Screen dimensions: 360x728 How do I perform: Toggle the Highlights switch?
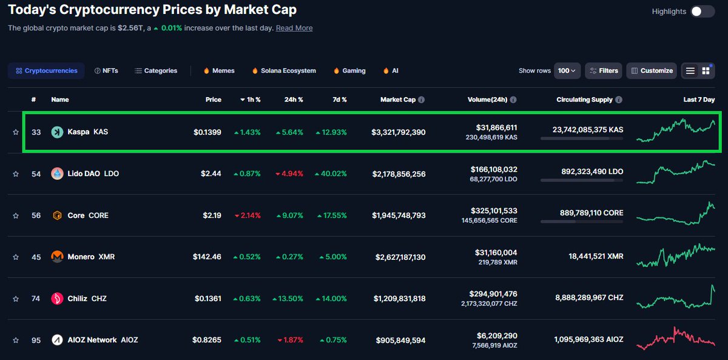(x=703, y=12)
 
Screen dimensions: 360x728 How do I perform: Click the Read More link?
(x=294, y=28)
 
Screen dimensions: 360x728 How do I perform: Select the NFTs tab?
(x=106, y=71)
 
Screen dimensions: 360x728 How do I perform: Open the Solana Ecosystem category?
(x=283, y=71)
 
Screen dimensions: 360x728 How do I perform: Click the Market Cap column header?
(x=397, y=100)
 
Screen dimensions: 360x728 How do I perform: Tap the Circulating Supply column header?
(x=584, y=100)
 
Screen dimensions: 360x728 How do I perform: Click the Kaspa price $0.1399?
(x=207, y=132)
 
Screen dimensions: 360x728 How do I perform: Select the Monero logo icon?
(x=58, y=257)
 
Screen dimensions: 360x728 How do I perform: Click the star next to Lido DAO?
(x=16, y=174)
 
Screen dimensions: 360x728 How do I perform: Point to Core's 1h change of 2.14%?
(x=247, y=216)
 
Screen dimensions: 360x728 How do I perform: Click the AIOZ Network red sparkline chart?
(x=676, y=339)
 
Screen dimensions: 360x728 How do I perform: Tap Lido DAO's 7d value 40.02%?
(x=331, y=174)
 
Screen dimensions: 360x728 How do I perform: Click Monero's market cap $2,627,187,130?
(x=399, y=257)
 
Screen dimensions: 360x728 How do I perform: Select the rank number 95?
(x=36, y=341)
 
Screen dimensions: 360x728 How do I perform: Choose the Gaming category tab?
(x=349, y=71)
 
